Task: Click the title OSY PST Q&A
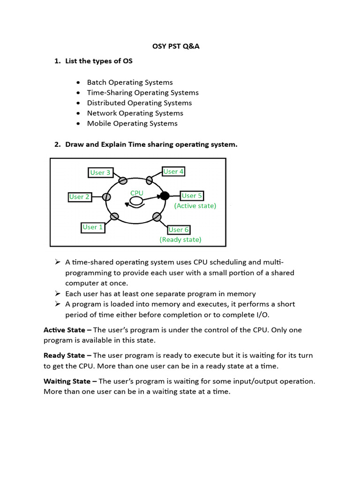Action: tap(180, 46)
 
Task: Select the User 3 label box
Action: tap(100, 172)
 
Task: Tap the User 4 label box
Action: tap(173, 172)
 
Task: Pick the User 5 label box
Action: tap(192, 195)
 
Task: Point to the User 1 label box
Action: tap(93, 227)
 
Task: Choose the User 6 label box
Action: tap(179, 230)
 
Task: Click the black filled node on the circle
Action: tap(165, 196)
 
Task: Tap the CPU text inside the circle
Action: tap(137, 193)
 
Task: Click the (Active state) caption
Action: tap(195, 206)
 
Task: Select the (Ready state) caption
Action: tap(180, 240)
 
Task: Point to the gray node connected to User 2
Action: tap(107, 197)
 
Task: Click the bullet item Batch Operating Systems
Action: tap(130, 82)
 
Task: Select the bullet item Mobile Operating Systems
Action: tap(132, 124)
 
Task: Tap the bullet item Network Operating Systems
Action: tap(135, 113)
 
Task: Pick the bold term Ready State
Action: tap(65, 355)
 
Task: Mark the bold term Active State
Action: tap(65, 330)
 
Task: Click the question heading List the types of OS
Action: tap(99, 61)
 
